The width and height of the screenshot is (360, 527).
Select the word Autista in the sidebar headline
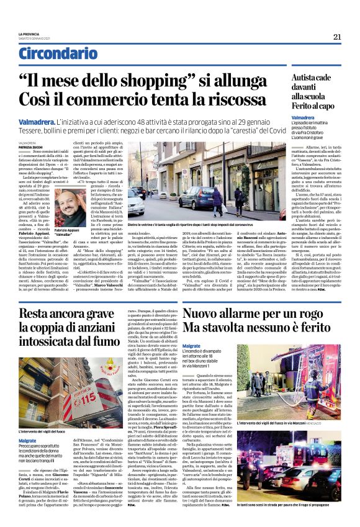coord(307,78)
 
